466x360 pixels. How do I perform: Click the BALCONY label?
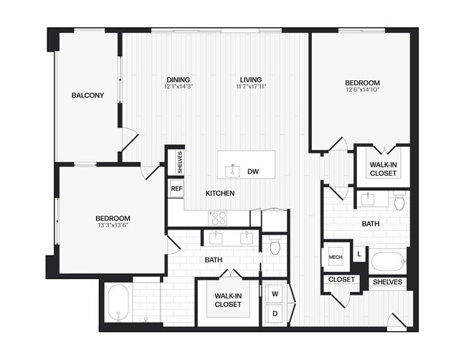point(87,95)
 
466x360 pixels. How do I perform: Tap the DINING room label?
point(179,80)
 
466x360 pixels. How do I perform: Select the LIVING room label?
point(250,80)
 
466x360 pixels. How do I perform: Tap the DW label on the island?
point(252,171)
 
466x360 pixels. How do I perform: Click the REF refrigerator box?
point(176,189)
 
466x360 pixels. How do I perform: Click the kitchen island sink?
point(232,171)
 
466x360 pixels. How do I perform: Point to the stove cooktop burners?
point(218,217)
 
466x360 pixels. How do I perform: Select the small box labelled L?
point(358,253)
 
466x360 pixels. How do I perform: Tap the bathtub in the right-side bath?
point(389,262)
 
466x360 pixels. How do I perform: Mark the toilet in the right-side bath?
point(399,202)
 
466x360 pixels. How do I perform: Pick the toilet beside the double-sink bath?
point(275,247)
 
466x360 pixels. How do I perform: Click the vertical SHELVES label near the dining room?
point(180,162)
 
